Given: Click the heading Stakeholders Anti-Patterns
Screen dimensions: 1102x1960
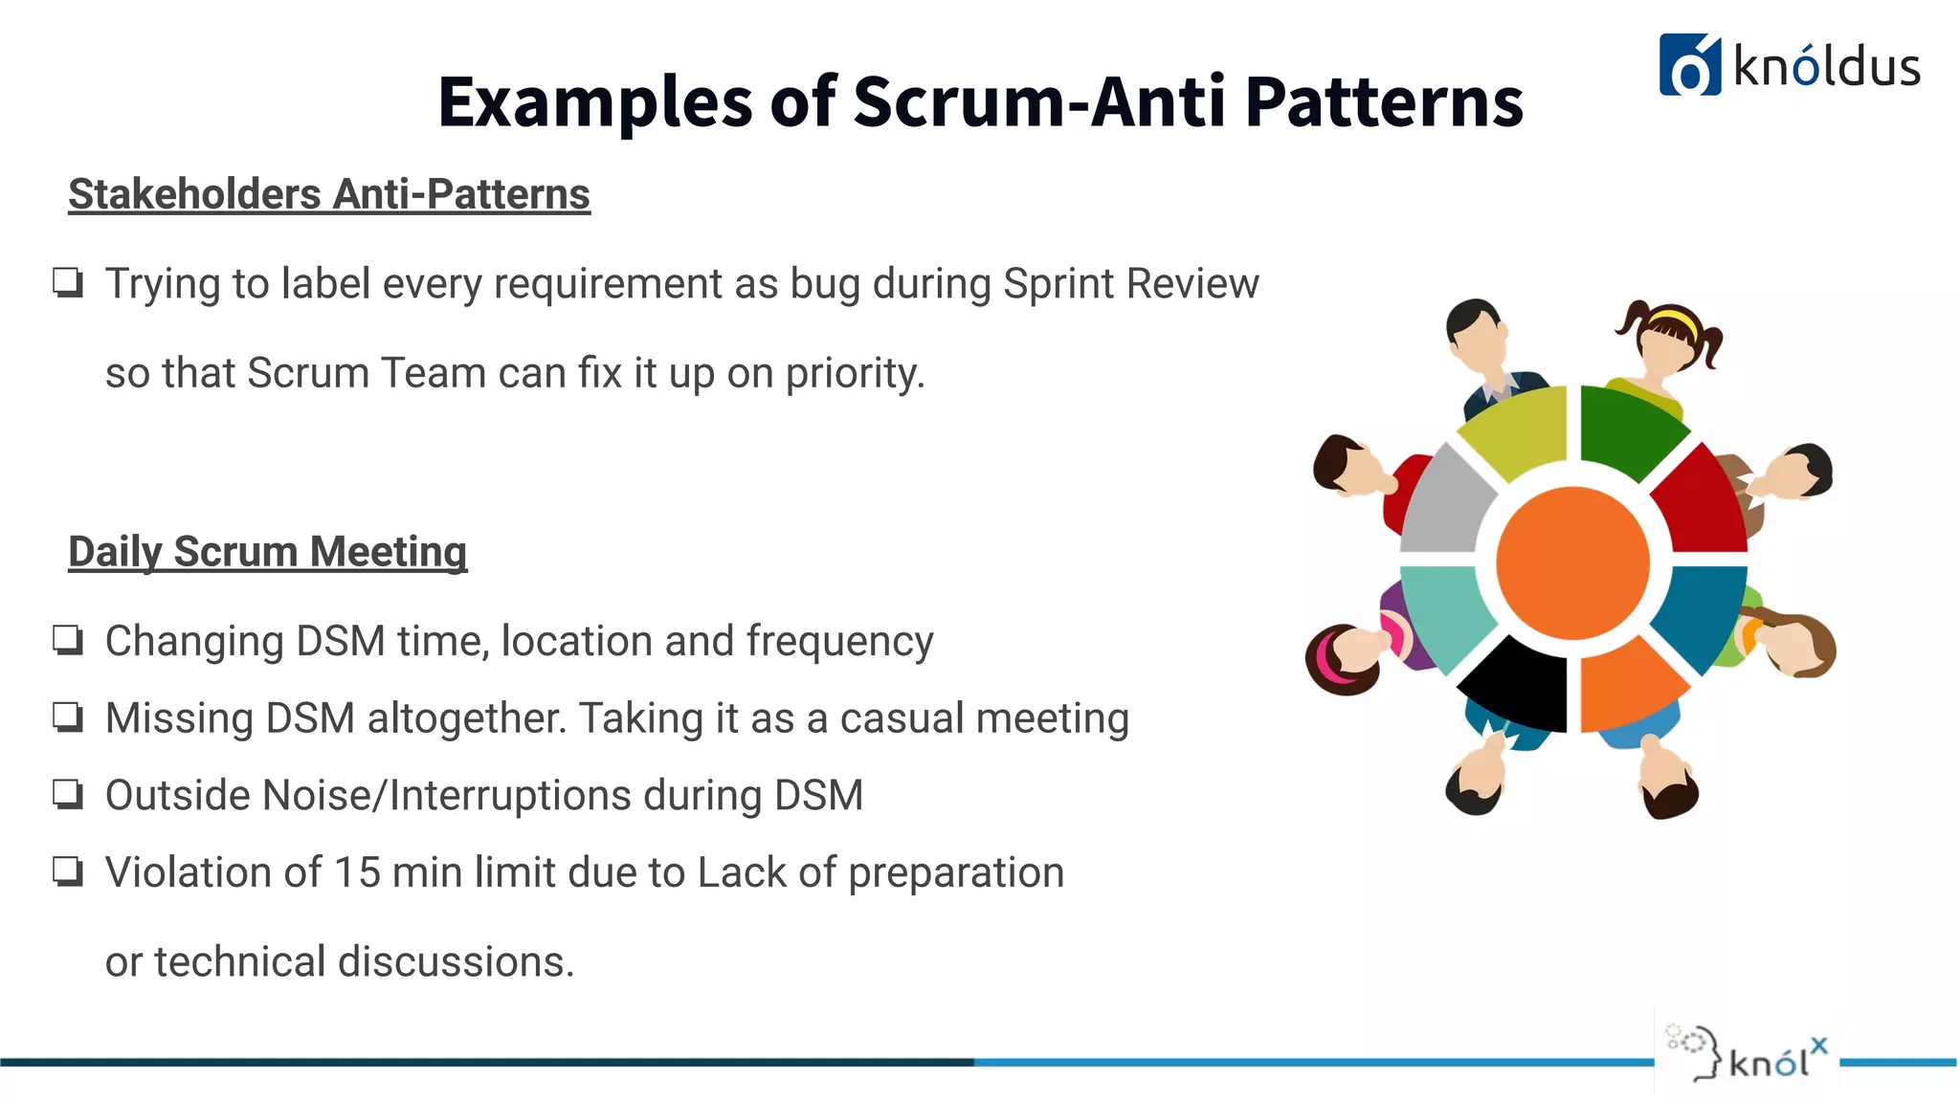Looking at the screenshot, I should tap(329, 194).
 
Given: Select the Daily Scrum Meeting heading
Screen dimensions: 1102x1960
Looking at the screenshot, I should tap(267, 552).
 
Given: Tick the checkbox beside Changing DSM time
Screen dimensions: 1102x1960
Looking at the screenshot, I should tap(68, 640).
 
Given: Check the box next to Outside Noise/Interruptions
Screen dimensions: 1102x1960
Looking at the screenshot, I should tap(68, 794).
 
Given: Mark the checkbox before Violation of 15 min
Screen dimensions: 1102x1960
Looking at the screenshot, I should tap(68, 871).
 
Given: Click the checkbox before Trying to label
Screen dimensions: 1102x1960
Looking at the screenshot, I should tap(68, 283).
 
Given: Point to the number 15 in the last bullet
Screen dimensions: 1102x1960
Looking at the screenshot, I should tap(357, 872).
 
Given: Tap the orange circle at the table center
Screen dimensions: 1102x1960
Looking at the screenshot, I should tap(1572, 562).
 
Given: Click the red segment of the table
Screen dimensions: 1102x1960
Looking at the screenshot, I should tap(1700, 502).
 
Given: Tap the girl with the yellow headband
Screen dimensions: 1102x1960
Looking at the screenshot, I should tap(1670, 339).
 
